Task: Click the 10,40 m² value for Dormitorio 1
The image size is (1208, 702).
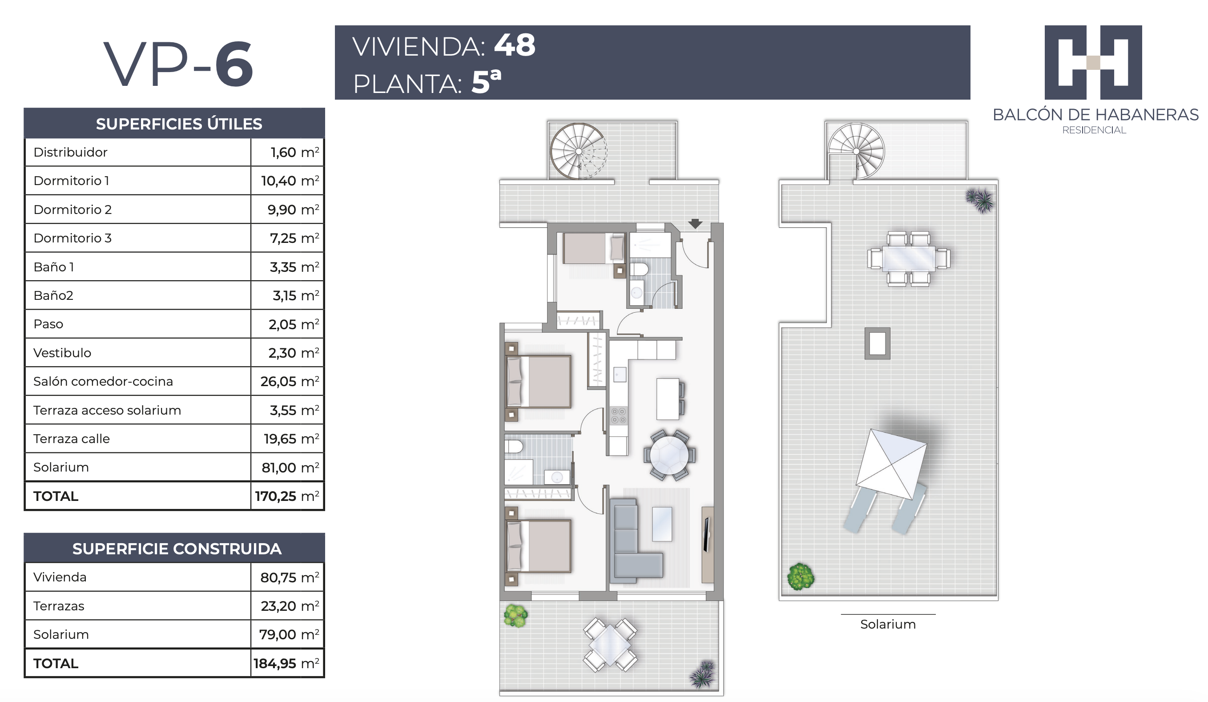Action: click(x=290, y=181)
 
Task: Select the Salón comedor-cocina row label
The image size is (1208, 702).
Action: click(x=103, y=381)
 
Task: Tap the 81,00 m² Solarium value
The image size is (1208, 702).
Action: click(x=290, y=467)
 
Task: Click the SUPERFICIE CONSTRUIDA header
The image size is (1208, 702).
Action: click(x=177, y=549)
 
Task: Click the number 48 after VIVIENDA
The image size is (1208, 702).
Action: click(x=514, y=45)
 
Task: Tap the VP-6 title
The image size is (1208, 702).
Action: click(x=178, y=64)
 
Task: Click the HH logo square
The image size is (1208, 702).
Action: click(x=1093, y=62)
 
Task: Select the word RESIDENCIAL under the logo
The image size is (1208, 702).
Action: click(x=1094, y=130)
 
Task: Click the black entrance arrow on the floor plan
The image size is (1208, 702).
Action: click(x=695, y=223)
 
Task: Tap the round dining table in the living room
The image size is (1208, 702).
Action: click(x=670, y=455)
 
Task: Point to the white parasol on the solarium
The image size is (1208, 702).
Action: click(x=891, y=464)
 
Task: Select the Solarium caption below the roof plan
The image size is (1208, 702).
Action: click(x=888, y=624)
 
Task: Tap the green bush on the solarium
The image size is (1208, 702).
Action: click(x=800, y=577)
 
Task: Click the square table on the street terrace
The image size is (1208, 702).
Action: click(x=610, y=645)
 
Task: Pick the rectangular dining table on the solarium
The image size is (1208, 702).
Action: click(x=908, y=259)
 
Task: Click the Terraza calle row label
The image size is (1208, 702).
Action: click(x=72, y=439)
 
